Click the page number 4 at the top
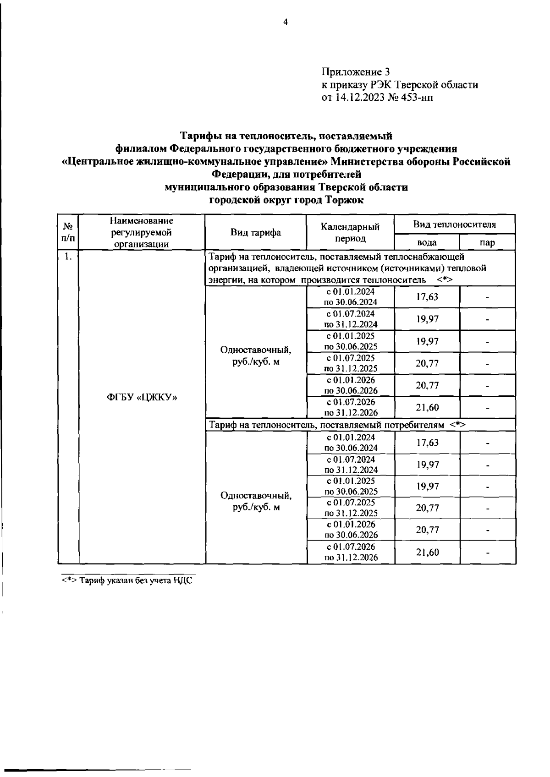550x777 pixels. click(x=285, y=22)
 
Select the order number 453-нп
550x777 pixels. click(x=417, y=97)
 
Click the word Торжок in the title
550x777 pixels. click(x=344, y=200)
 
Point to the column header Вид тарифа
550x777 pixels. click(x=255, y=232)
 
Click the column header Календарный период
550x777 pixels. click(x=350, y=232)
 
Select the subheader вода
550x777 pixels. click(x=427, y=242)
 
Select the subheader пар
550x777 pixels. click(x=487, y=242)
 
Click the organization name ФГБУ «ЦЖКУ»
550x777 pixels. click(x=142, y=397)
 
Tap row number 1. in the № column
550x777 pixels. click(x=68, y=257)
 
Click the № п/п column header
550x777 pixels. click(x=68, y=232)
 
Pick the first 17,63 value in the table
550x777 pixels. click(x=427, y=297)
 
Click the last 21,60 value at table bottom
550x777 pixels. click(x=427, y=553)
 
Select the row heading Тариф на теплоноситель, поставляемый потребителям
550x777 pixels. click(x=337, y=425)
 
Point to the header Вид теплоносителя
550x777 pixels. click(x=454, y=224)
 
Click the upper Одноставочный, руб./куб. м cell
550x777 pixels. click(x=255, y=356)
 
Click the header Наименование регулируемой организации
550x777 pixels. click(x=142, y=232)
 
